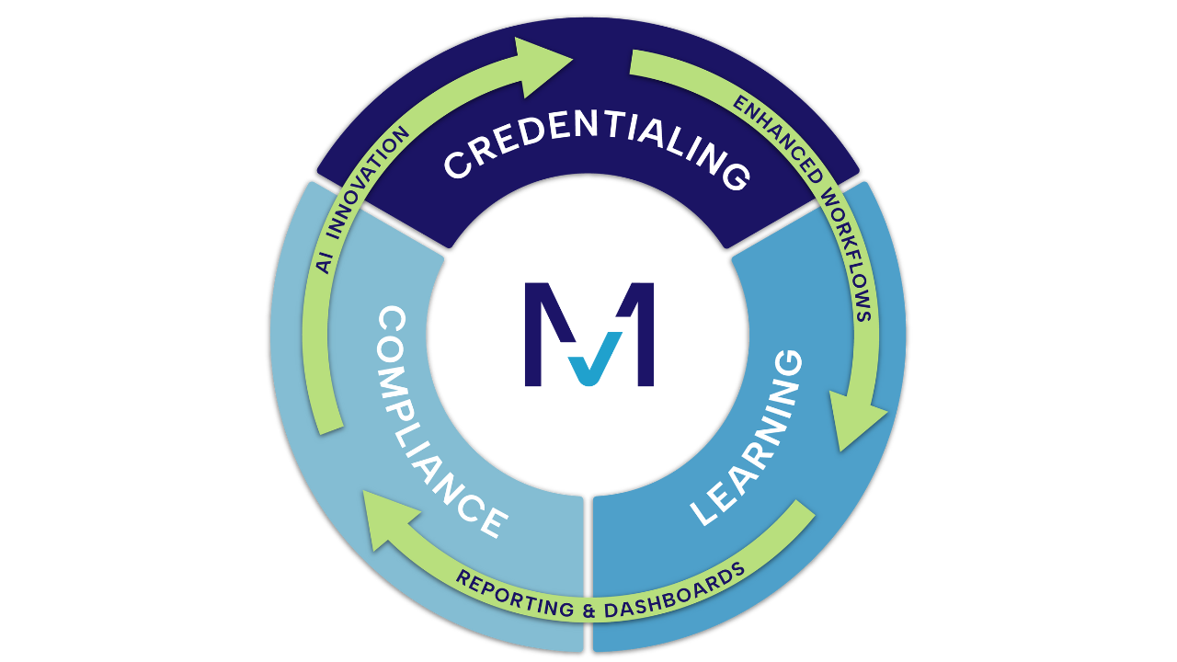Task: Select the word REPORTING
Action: (x=514, y=598)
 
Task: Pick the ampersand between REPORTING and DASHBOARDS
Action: (x=586, y=610)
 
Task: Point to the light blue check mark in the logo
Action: (x=587, y=363)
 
